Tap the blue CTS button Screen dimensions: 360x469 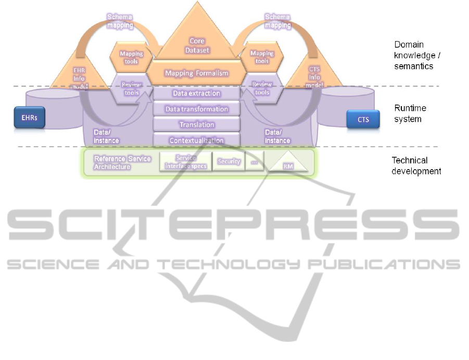click(x=363, y=119)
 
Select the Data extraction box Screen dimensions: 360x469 click(x=196, y=94)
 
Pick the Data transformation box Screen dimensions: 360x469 click(x=196, y=109)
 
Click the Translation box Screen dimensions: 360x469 click(x=196, y=125)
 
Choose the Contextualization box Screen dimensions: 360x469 click(x=196, y=140)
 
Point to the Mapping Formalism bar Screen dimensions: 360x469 click(x=196, y=73)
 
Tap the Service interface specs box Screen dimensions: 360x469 click(x=186, y=162)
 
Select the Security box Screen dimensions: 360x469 click(x=229, y=162)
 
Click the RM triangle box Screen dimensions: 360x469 click(x=287, y=163)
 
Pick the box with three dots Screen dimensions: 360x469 click(x=255, y=162)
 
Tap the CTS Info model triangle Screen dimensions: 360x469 click(x=314, y=78)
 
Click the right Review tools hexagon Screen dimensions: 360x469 click(x=262, y=88)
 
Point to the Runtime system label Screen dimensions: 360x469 click(x=410, y=113)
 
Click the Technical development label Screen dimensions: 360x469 click(x=416, y=166)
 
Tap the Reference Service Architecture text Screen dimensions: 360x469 click(x=121, y=162)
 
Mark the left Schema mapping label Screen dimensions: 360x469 click(x=120, y=21)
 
